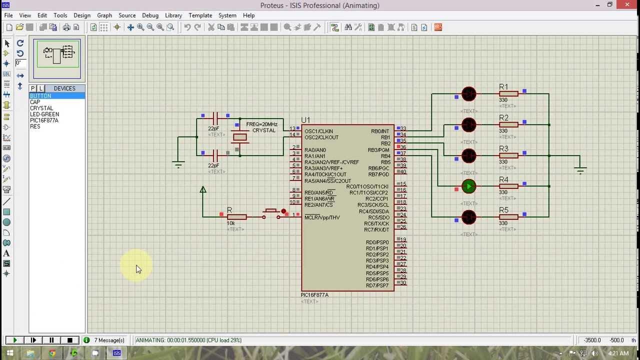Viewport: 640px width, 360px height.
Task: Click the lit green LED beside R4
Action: (x=468, y=186)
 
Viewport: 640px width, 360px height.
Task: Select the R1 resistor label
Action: (x=503, y=87)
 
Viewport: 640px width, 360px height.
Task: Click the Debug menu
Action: (x=150, y=15)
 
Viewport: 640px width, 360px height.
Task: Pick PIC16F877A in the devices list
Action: (x=44, y=120)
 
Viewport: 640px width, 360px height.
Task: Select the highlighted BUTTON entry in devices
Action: (x=40, y=95)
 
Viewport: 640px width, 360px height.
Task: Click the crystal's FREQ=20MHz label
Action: (x=261, y=124)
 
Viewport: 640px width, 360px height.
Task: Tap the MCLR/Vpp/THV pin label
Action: (x=322, y=217)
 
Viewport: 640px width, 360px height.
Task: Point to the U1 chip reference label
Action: (x=305, y=120)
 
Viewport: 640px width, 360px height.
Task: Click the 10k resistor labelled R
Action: (x=236, y=217)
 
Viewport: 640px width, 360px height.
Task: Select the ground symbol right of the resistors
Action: (x=580, y=170)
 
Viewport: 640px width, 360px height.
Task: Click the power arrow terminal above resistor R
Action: (x=202, y=190)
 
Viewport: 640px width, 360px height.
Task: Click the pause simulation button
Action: (x=51, y=340)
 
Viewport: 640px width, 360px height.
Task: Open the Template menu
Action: (x=200, y=15)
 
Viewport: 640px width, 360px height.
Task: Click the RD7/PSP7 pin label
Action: (x=377, y=285)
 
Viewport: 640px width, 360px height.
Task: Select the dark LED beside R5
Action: (x=468, y=217)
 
